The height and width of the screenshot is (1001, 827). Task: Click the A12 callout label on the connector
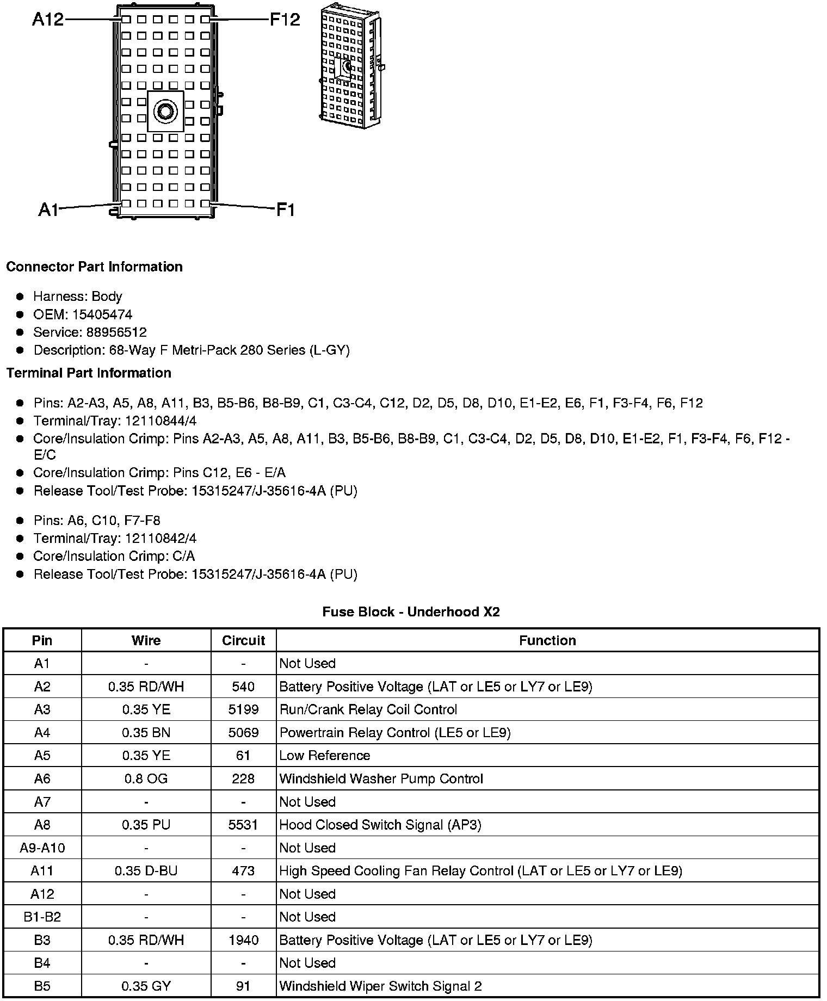[48, 20]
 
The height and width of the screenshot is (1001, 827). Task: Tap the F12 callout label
[285, 20]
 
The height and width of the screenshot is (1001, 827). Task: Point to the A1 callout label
[48, 209]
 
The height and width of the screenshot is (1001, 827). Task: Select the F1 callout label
[286, 209]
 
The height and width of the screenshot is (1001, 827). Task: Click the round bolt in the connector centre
[165, 112]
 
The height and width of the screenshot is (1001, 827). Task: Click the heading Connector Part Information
[94, 267]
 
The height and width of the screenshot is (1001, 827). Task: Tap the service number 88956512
[116, 332]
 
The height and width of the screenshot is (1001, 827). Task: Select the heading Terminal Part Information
[89, 373]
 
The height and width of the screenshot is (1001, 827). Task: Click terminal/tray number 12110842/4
[161, 538]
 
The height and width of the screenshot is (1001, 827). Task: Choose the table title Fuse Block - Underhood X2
[411, 611]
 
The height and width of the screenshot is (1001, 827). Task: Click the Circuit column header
[243, 640]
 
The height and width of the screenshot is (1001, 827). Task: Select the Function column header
[547, 640]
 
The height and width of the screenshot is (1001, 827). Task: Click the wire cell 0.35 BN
[146, 733]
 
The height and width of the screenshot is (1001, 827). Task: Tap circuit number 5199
[243, 709]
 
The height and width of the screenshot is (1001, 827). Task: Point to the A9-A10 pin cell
[42, 848]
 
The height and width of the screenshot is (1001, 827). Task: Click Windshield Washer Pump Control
[381, 778]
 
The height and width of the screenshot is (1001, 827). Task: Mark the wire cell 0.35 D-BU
[146, 870]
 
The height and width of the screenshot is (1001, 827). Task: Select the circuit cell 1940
[243, 940]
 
